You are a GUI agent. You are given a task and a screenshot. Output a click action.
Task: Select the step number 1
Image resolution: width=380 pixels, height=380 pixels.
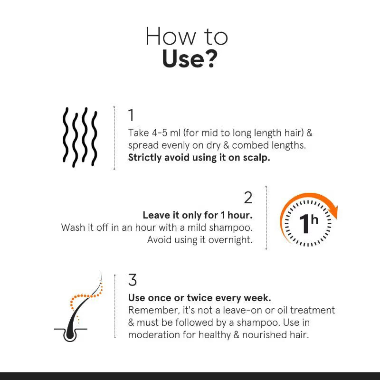point(131,115)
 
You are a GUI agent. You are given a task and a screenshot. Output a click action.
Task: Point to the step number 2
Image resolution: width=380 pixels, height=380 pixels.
point(248,198)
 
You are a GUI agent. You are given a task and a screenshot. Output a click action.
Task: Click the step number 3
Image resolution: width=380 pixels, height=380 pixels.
point(133,280)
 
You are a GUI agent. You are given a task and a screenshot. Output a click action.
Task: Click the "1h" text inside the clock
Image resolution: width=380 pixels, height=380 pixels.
point(308,223)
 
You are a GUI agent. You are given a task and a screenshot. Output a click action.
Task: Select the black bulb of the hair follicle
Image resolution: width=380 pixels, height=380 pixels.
point(70,334)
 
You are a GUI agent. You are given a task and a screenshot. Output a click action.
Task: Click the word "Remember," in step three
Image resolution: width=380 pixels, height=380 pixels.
point(152,310)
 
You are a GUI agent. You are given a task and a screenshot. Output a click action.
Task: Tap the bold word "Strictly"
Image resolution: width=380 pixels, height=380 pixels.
point(144,158)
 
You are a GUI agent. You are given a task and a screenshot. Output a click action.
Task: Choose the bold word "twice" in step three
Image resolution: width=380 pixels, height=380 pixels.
point(195,298)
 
